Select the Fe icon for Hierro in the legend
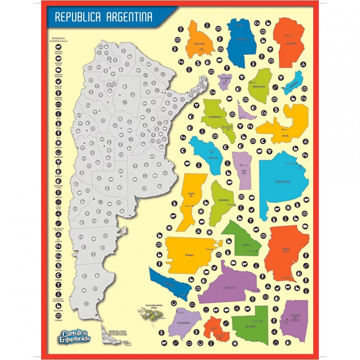[x=58, y=246]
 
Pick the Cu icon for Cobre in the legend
[x=58, y=256]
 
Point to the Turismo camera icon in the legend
[x=58, y=315]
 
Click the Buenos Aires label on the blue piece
[x=283, y=182]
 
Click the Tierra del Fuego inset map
[x=113, y=337]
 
